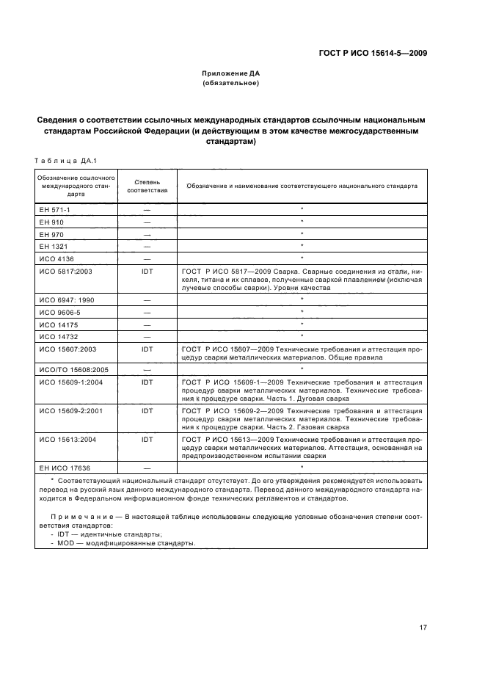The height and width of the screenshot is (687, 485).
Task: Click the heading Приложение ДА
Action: click(231, 74)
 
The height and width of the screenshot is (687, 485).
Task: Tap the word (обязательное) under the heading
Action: click(231, 84)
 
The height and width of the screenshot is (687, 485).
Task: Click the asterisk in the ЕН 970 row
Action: click(302, 234)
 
